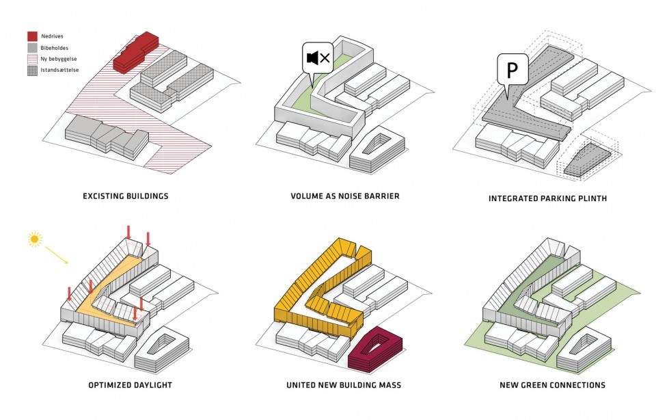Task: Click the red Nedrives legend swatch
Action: tap(32, 36)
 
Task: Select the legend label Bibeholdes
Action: tap(54, 48)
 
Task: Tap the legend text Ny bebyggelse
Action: tap(57, 60)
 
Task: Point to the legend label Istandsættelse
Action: tap(59, 71)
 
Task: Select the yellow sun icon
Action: tap(34, 239)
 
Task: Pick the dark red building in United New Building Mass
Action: tap(373, 350)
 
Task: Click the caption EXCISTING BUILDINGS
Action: tap(125, 196)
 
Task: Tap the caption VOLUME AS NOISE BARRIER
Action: tap(344, 196)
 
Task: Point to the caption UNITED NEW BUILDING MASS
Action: tap(343, 385)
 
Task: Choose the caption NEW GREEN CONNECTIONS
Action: tap(553, 385)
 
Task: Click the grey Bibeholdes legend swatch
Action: tap(32, 48)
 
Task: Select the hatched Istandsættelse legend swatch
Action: tap(32, 71)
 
